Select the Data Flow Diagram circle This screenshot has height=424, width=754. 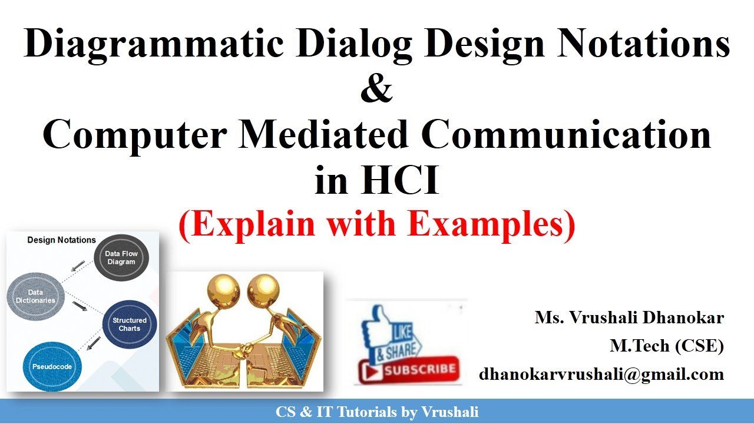click(x=121, y=258)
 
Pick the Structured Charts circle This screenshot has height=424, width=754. click(x=130, y=324)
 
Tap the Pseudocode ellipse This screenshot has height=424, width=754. click(x=52, y=366)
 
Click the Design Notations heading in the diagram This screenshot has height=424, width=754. click(x=61, y=240)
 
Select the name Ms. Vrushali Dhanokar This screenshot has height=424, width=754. click(x=629, y=318)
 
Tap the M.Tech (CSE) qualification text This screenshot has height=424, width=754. click(x=667, y=346)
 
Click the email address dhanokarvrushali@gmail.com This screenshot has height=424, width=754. click(x=601, y=374)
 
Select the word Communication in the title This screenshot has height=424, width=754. click(x=567, y=135)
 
